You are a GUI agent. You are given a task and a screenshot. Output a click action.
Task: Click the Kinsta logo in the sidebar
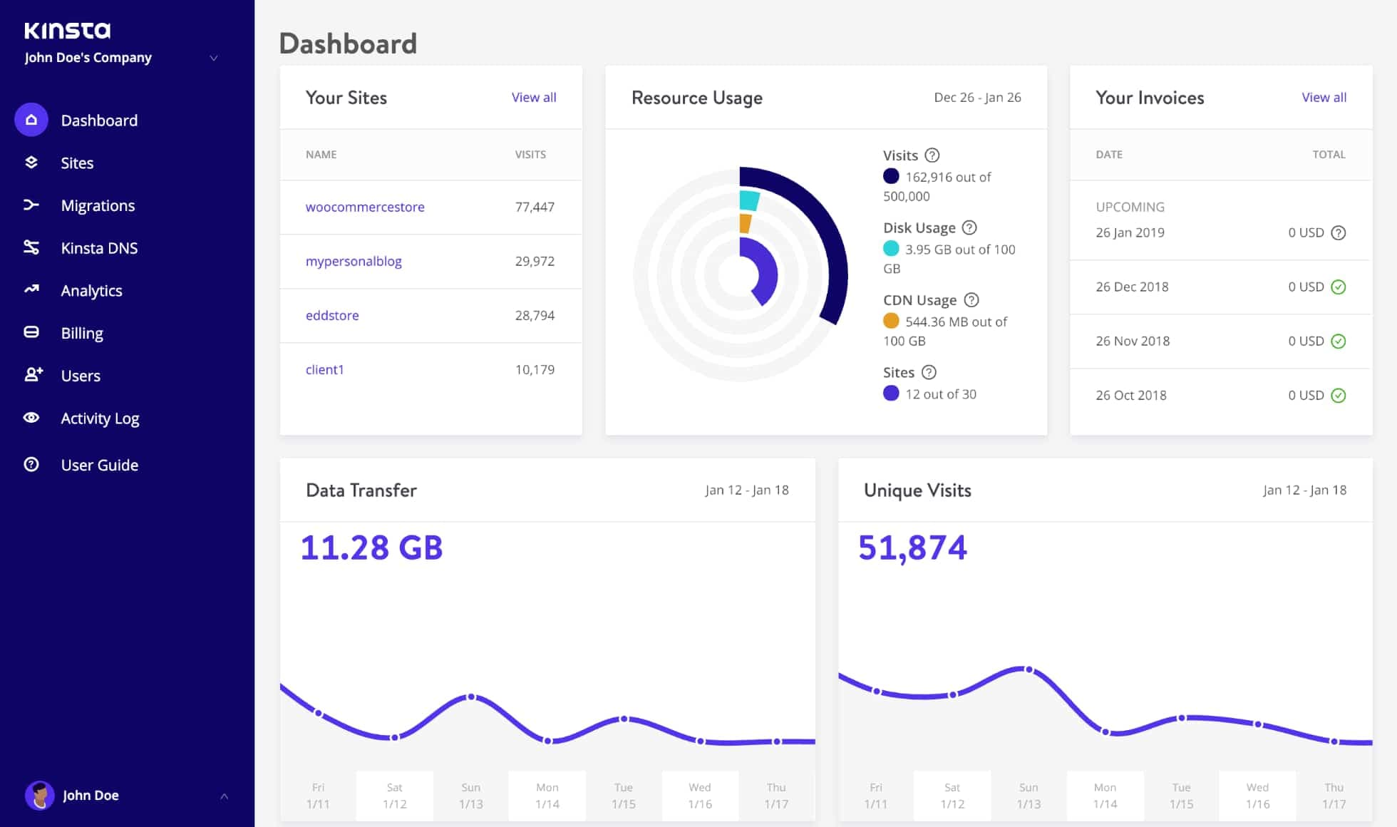click(x=68, y=30)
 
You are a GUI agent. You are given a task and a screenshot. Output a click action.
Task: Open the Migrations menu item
click(x=98, y=205)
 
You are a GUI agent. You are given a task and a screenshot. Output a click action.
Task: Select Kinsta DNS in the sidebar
click(x=99, y=248)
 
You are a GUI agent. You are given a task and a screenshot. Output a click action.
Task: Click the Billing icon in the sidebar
click(x=31, y=333)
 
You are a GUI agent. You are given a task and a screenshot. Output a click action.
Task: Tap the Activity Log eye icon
click(x=31, y=418)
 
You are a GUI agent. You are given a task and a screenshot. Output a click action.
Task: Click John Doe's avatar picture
click(x=40, y=795)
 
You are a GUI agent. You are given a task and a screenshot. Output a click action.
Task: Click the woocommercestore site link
click(x=365, y=207)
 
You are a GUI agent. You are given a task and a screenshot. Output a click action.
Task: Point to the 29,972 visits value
click(x=535, y=261)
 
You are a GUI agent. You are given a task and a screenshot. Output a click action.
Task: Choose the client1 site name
click(x=325, y=369)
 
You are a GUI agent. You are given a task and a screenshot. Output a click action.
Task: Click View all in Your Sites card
click(x=534, y=98)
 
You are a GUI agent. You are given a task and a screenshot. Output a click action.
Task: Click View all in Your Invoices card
click(x=1324, y=98)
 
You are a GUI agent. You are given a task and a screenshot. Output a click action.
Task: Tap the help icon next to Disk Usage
click(x=969, y=227)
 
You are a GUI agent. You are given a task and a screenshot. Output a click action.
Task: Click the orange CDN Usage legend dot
click(x=891, y=321)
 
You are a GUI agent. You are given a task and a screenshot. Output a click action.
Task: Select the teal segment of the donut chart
click(x=749, y=200)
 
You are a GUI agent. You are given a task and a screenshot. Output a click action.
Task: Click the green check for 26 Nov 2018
click(x=1339, y=341)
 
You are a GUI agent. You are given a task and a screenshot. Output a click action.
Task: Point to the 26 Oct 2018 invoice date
click(x=1131, y=395)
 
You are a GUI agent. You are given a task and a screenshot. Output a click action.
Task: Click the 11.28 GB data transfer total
click(x=371, y=548)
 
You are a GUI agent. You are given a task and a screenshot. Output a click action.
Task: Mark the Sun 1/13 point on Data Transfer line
click(x=471, y=697)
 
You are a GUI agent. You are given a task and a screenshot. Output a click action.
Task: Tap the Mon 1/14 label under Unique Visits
click(x=1105, y=795)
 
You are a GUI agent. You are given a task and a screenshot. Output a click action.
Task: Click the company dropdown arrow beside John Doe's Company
click(x=214, y=58)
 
